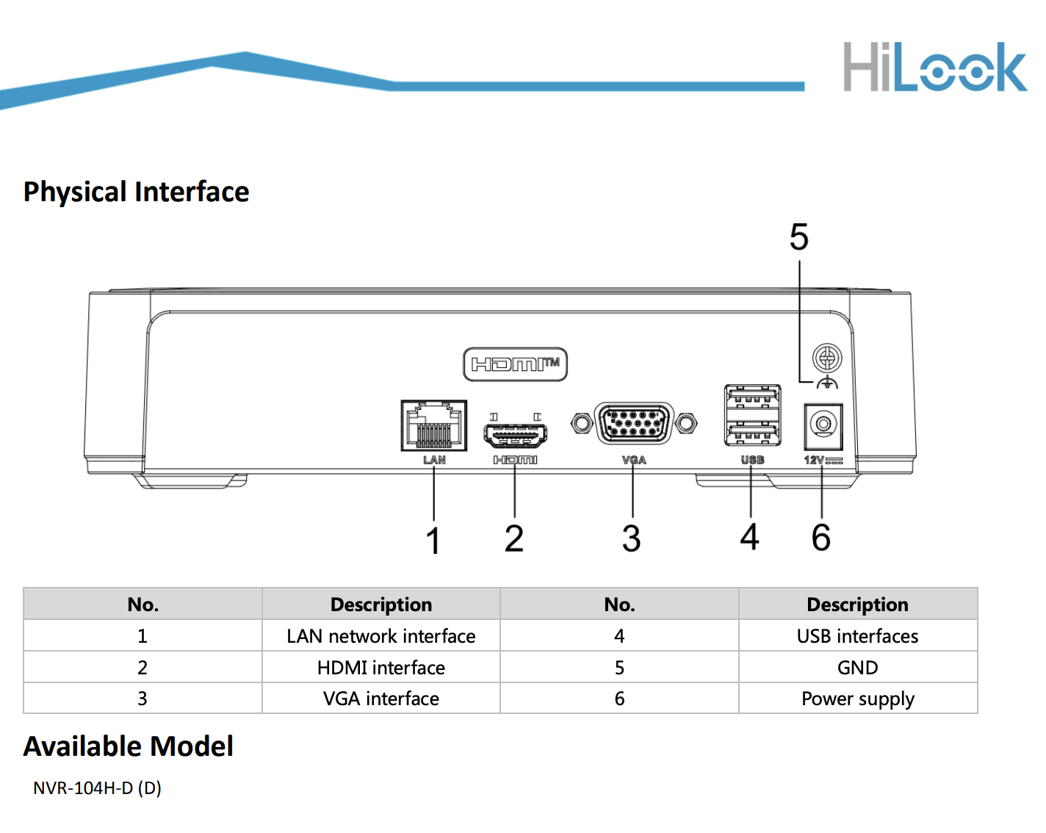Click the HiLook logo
[x=934, y=67]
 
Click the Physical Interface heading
[x=136, y=192]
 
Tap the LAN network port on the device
[x=433, y=425]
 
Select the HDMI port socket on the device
[x=515, y=435]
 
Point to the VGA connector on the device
[x=634, y=423]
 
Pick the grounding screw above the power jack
[x=827, y=358]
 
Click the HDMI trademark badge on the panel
[x=515, y=364]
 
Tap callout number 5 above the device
[x=799, y=237]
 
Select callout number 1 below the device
[x=433, y=540]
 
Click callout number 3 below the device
[x=632, y=538]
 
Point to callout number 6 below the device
[x=821, y=538]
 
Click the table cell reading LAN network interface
[x=381, y=635]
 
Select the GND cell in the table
[x=858, y=667]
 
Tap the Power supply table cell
[x=858, y=699]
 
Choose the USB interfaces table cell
[x=858, y=635]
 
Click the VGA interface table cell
[x=381, y=699]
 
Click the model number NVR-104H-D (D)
[x=97, y=787]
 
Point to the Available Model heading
[x=129, y=746]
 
